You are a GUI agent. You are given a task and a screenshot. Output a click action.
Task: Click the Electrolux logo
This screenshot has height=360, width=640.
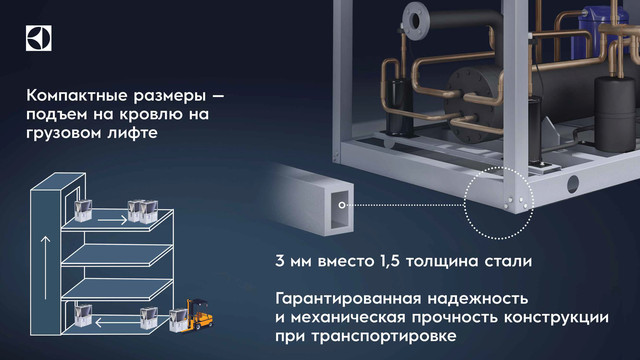(x=39, y=38)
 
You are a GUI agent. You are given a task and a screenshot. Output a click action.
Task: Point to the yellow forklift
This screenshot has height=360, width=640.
(x=200, y=313)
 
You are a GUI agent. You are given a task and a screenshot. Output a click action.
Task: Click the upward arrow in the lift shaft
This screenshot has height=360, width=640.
(x=46, y=267)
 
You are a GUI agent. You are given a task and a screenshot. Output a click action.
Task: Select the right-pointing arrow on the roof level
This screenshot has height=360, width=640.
(x=113, y=220)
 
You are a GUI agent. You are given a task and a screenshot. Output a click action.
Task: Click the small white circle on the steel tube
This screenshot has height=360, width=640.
(x=342, y=205)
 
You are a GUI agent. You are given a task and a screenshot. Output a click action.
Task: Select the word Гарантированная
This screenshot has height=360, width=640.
(x=351, y=299)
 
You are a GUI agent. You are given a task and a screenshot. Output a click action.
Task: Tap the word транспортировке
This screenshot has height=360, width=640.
(x=384, y=337)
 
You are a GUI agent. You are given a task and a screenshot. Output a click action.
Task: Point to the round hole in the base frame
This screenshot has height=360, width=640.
(x=573, y=184)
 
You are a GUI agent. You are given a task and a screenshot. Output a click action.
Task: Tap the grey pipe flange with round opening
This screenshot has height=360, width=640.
(x=416, y=19)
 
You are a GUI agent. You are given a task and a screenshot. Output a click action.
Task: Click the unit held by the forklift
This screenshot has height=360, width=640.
(x=178, y=320)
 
